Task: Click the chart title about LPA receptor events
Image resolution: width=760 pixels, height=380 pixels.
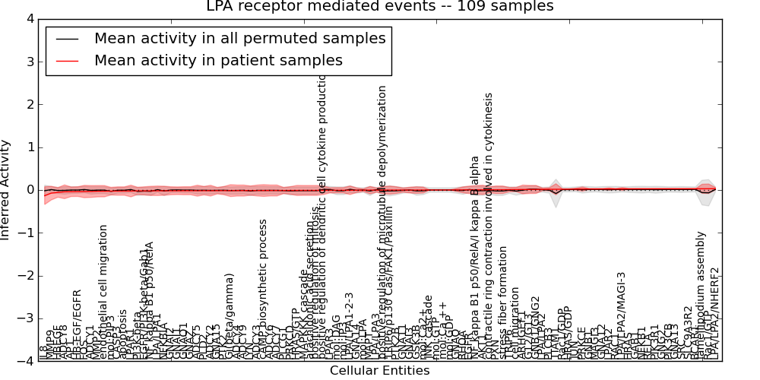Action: tap(380, 6)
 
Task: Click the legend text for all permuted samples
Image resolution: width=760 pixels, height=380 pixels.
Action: tap(239, 38)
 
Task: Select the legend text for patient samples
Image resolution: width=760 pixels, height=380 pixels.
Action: tap(218, 60)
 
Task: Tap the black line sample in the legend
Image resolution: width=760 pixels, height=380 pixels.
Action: tap(68, 39)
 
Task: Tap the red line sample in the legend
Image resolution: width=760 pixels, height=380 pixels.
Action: tap(68, 61)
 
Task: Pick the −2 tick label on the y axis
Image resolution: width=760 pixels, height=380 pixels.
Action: tap(27, 276)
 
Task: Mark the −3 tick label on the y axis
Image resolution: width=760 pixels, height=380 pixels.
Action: tap(27, 318)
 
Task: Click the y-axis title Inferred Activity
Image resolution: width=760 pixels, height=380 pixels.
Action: tap(6, 190)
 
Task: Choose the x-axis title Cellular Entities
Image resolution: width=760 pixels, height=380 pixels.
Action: tap(379, 371)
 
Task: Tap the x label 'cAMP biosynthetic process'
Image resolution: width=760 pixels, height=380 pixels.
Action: tap(263, 289)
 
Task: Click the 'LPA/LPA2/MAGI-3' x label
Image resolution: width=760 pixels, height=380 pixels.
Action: tap(621, 315)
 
